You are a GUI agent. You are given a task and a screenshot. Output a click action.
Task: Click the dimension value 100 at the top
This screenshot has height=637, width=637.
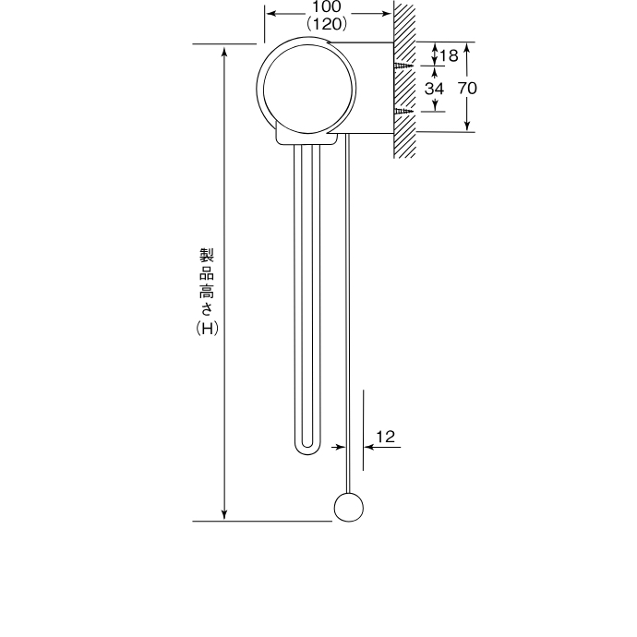tap(327, 6)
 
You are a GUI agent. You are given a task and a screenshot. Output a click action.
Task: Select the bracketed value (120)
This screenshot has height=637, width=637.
tap(327, 24)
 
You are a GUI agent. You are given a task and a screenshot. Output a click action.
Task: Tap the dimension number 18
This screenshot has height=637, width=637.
tap(449, 55)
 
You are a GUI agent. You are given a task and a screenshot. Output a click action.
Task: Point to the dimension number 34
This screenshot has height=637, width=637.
tap(434, 89)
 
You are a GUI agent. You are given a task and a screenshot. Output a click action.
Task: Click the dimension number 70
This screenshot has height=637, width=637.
tap(467, 88)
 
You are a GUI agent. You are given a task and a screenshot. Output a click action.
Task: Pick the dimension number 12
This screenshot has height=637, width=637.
tap(385, 437)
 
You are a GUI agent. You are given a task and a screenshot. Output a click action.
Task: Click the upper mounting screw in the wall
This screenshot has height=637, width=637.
tap(403, 66)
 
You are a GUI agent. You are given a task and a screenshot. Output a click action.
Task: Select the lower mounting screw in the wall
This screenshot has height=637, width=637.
tap(403, 111)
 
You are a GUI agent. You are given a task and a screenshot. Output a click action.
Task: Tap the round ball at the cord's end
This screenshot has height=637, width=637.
tap(349, 507)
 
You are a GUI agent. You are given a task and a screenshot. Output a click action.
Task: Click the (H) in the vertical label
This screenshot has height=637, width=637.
tap(208, 329)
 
